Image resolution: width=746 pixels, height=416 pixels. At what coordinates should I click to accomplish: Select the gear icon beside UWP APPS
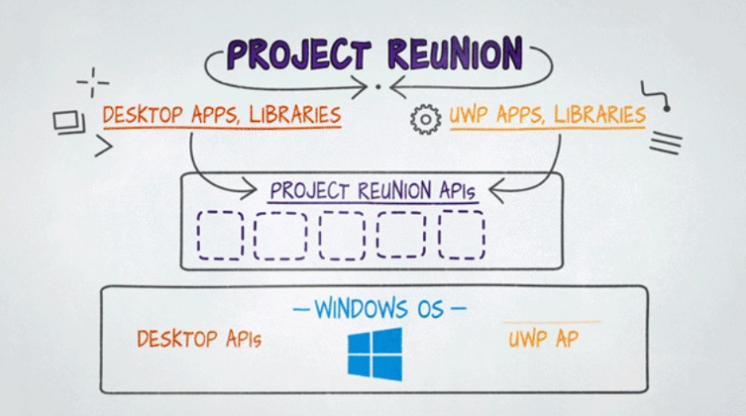point(425,119)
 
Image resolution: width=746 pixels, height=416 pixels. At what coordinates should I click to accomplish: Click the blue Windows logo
point(374,353)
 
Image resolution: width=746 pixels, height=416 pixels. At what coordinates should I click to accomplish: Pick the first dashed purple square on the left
point(220,235)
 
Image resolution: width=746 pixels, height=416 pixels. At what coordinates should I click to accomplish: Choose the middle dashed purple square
point(341,235)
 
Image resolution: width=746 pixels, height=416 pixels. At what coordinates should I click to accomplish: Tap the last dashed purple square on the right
point(461,235)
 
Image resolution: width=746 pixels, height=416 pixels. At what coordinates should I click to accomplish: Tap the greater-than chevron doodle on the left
point(103,146)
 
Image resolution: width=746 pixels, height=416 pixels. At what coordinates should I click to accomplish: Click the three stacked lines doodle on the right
point(665,142)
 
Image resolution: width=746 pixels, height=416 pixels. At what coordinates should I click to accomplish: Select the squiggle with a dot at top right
point(656,96)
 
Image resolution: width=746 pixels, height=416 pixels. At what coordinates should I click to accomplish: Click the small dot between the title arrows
point(378,87)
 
